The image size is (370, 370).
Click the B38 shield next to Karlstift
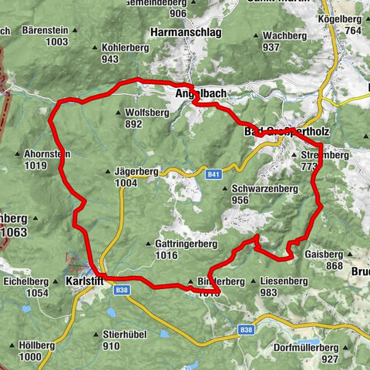tap(121, 291)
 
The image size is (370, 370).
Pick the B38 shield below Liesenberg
tap(246, 330)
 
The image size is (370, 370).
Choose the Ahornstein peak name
tap(47, 154)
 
